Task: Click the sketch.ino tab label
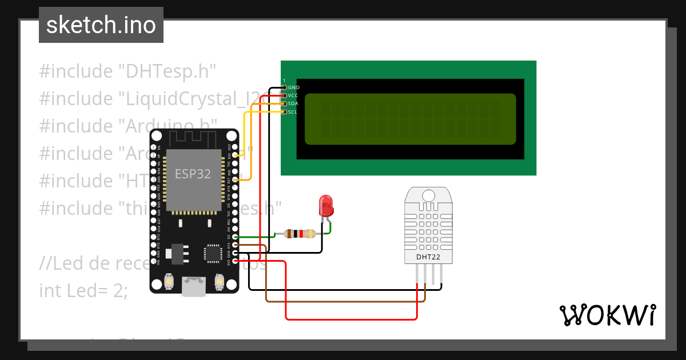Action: (x=101, y=25)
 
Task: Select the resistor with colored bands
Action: (x=295, y=233)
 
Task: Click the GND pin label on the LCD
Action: (x=293, y=87)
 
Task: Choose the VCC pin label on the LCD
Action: (x=293, y=95)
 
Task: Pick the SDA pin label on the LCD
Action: (x=293, y=103)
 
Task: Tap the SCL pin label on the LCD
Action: (x=293, y=112)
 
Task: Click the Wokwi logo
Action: (x=607, y=315)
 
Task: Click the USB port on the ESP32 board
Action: (x=194, y=286)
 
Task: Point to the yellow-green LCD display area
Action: (x=410, y=119)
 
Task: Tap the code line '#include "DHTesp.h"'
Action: (x=127, y=71)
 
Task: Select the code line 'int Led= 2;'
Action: (x=83, y=290)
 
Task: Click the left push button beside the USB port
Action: (x=170, y=281)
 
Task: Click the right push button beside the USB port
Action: (x=218, y=281)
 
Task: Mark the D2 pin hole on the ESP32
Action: (x=236, y=237)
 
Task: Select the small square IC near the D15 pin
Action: (x=213, y=253)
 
